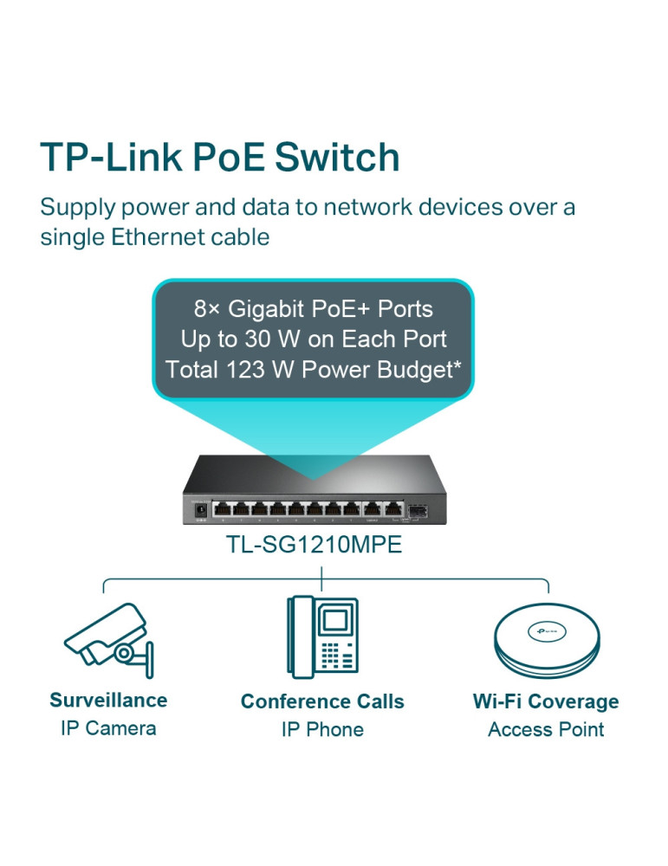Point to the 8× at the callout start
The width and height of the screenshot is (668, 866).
tap(208, 308)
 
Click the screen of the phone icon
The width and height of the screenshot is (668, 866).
tap(334, 620)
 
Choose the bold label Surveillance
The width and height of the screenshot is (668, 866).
tap(108, 700)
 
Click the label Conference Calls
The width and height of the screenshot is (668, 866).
tap(322, 701)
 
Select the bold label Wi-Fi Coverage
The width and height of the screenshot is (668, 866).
tap(546, 701)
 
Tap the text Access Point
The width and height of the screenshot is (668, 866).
tap(546, 729)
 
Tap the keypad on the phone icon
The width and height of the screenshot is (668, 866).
tap(334, 656)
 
